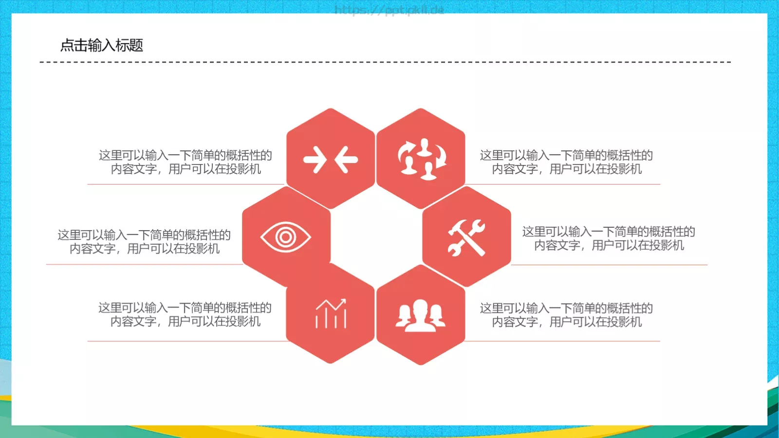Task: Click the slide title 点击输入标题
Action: point(101,45)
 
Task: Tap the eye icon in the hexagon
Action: point(286,237)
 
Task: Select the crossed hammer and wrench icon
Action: point(466,237)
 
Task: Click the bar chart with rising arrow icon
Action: point(331,313)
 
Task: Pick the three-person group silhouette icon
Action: point(420,316)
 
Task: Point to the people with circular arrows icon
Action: point(422,159)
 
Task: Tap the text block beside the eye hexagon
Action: point(144,242)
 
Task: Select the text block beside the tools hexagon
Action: point(609,238)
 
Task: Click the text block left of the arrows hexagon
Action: point(185,162)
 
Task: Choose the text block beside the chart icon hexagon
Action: point(185,314)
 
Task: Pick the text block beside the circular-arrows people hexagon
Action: point(566,162)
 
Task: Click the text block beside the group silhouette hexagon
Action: point(566,315)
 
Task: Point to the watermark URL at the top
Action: point(389,10)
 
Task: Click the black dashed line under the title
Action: point(385,62)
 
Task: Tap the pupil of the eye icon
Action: point(286,237)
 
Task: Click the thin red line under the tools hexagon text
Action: point(609,265)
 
